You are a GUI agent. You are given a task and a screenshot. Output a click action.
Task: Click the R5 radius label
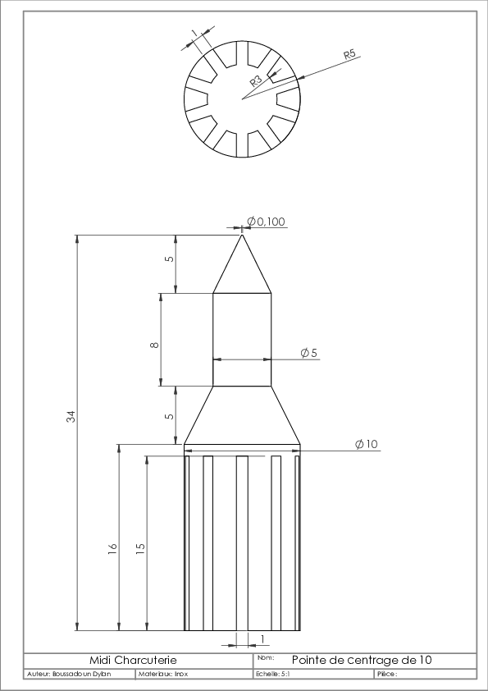(x=349, y=55)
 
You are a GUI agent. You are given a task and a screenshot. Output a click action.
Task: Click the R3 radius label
(x=256, y=80)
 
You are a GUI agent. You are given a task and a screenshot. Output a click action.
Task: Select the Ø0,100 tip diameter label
(x=266, y=222)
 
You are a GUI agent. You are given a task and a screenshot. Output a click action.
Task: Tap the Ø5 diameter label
(x=308, y=353)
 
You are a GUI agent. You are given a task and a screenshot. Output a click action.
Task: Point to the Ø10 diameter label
(x=367, y=444)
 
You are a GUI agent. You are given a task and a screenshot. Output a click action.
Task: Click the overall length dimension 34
(x=71, y=416)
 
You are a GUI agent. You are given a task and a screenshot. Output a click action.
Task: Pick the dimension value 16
(x=112, y=548)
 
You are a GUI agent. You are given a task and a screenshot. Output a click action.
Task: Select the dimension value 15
(x=140, y=548)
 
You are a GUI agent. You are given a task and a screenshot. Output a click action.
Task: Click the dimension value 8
(x=154, y=345)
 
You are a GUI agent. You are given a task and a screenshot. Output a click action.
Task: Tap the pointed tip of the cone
(x=242, y=235)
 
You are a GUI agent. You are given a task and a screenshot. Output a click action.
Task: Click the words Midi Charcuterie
(x=133, y=660)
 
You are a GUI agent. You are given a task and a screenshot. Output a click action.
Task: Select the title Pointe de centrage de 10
(x=362, y=660)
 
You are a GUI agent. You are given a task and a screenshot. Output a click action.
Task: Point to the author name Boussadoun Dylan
(x=81, y=675)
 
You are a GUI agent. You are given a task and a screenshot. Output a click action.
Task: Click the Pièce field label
(x=387, y=675)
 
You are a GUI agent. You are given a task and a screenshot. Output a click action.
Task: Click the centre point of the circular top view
(x=242, y=98)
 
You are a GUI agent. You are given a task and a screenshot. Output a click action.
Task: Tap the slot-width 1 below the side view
(x=263, y=638)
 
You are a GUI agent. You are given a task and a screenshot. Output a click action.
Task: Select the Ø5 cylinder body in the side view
(x=242, y=339)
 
